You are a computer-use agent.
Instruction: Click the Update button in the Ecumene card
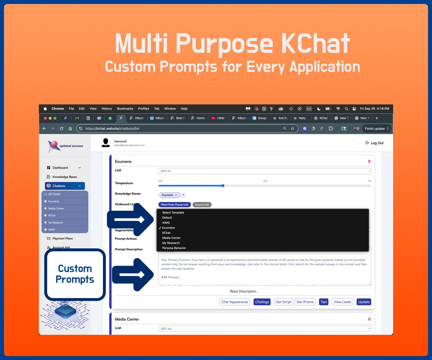(364, 302)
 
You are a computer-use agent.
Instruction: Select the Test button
(324, 302)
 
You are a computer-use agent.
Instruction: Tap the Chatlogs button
(262, 302)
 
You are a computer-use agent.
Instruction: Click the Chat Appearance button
(235, 302)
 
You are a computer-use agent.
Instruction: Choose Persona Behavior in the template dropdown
(174, 248)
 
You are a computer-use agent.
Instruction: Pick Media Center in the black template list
(171, 238)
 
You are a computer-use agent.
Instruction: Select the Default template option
(167, 218)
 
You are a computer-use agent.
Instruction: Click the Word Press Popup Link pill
(175, 204)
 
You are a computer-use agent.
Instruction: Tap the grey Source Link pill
(202, 204)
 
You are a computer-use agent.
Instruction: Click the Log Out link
(375, 143)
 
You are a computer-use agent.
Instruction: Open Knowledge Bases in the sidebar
(64, 177)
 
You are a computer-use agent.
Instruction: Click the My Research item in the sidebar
(55, 222)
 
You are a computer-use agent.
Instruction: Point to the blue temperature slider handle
(223, 186)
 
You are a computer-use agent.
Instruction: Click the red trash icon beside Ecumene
(369, 162)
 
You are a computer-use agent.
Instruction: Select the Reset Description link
(243, 291)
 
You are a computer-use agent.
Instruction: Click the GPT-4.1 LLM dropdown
(265, 171)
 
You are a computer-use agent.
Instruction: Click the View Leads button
(342, 302)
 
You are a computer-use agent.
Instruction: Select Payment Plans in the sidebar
(63, 238)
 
